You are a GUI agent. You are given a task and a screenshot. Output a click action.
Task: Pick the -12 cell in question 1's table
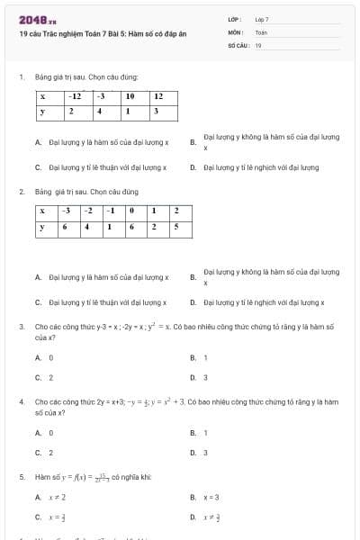pyautogui.click(x=76, y=95)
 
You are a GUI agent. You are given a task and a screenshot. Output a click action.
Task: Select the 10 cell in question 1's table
pyautogui.click(x=130, y=95)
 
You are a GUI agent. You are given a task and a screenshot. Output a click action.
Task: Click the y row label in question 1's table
pyautogui.click(x=43, y=111)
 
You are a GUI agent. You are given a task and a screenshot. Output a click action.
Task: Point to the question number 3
pyautogui.click(x=21, y=327)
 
